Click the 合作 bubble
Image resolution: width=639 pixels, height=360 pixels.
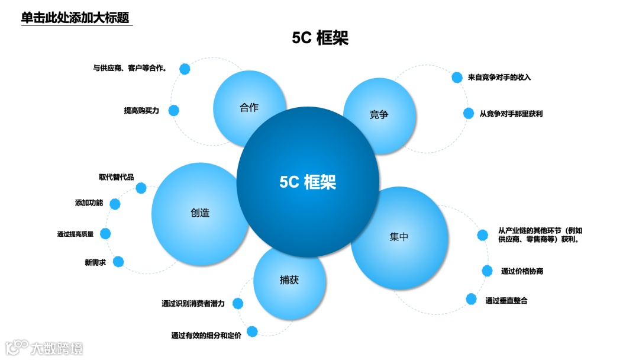(x=249, y=108)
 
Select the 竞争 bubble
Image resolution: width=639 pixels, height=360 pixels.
(x=379, y=114)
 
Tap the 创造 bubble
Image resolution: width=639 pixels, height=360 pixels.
(x=200, y=213)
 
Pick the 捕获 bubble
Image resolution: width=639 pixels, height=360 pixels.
(x=289, y=280)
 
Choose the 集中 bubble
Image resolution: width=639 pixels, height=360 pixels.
(x=399, y=237)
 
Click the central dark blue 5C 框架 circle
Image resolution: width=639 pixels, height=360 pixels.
(x=308, y=182)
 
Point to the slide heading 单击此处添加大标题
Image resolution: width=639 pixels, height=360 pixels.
(x=75, y=18)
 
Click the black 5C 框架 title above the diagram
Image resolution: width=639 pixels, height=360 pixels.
(x=320, y=38)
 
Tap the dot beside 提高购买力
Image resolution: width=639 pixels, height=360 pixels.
(x=174, y=110)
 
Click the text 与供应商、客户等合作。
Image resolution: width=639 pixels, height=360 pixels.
(x=130, y=68)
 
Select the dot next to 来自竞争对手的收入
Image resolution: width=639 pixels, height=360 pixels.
(x=457, y=77)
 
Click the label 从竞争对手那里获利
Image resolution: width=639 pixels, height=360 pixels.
(x=511, y=113)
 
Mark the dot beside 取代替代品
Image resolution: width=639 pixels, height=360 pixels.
(x=141, y=188)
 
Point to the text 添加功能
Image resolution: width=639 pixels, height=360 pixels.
(x=89, y=203)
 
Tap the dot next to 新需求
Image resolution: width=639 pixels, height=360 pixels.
(x=118, y=261)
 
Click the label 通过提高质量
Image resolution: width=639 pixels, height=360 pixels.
(x=75, y=234)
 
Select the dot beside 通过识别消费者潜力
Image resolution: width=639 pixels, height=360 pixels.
(x=237, y=303)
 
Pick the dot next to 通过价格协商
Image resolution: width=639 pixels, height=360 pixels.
(x=487, y=271)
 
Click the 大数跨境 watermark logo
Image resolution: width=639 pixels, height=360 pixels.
(x=44, y=348)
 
